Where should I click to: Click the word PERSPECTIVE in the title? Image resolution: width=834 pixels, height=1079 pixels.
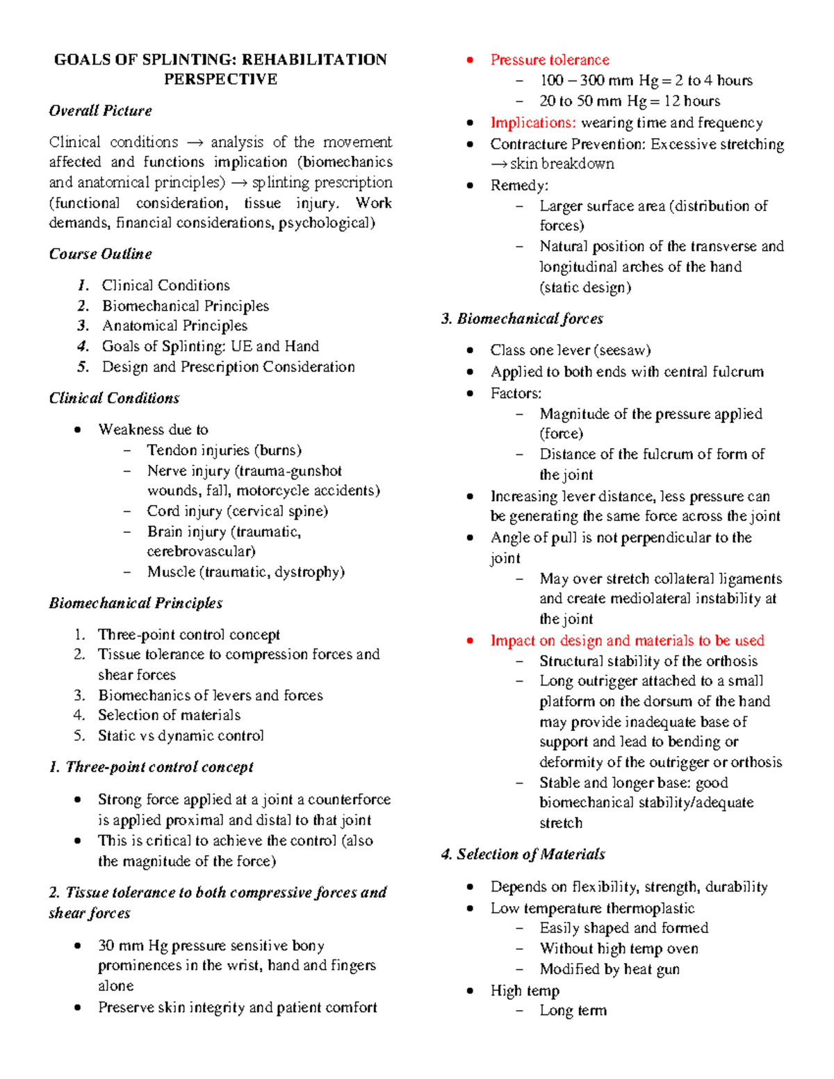coord(220,80)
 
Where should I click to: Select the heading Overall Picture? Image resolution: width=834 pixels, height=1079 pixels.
coord(100,111)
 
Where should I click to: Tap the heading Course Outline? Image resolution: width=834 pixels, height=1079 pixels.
coord(100,254)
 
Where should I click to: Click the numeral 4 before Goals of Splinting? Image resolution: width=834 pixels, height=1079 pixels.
coord(83,347)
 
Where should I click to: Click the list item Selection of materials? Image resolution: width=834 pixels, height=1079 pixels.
coord(169,716)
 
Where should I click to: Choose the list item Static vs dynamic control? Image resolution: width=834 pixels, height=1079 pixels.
coord(181,736)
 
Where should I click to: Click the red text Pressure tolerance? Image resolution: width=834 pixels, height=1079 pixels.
coord(550,60)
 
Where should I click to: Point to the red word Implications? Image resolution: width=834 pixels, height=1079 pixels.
coord(533,123)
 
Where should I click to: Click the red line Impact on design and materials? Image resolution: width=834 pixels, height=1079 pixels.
coord(627,641)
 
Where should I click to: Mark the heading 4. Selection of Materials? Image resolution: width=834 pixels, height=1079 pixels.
coord(523,855)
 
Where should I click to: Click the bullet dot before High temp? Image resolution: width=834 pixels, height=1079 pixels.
coord(471,991)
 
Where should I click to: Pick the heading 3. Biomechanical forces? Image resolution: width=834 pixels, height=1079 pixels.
coord(522,319)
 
